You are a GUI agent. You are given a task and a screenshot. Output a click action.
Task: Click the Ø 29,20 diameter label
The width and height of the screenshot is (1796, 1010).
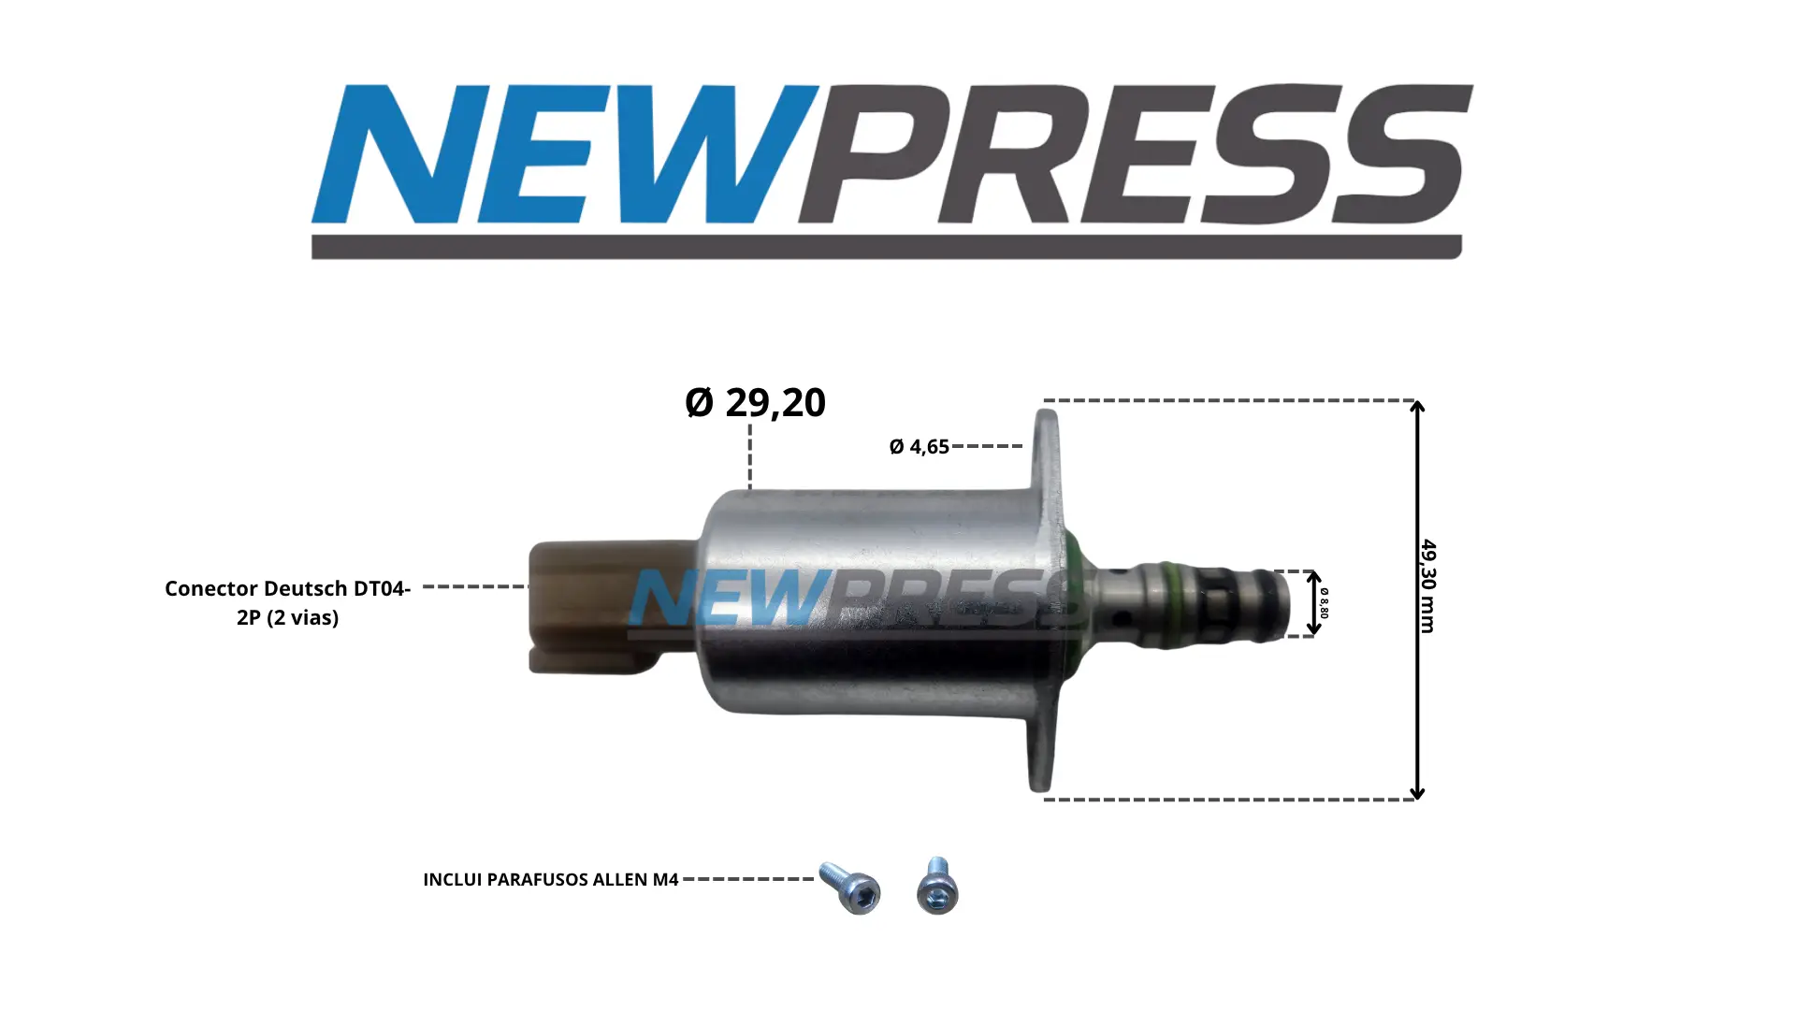tap(755, 402)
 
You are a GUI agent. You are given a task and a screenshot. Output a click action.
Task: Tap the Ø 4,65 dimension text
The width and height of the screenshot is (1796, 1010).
tap(919, 447)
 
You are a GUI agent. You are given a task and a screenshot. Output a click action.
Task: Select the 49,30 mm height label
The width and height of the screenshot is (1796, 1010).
tap(1427, 586)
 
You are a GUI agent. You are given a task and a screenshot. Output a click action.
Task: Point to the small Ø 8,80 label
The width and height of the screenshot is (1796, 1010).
tap(1324, 603)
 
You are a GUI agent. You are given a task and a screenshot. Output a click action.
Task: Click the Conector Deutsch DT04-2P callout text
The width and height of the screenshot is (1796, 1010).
tap(287, 603)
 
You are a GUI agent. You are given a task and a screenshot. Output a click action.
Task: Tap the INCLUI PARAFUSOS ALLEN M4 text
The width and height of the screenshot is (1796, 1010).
tap(550, 880)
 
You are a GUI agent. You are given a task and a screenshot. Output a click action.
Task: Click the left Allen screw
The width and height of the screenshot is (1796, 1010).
tap(850, 887)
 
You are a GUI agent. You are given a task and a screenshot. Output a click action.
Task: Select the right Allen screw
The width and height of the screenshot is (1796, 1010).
tap(937, 886)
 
